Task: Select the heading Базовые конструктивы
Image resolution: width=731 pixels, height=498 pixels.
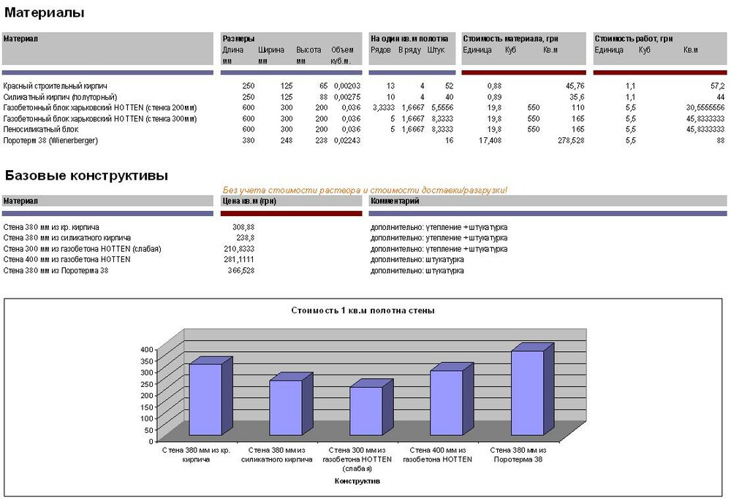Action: click(x=86, y=175)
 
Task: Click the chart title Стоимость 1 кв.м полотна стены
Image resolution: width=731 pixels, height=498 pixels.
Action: click(x=363, y=310)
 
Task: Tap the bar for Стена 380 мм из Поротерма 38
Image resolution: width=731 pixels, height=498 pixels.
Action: click(x=527, y=394)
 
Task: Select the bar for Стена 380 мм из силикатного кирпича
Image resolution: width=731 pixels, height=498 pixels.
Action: click(x=287, y=409)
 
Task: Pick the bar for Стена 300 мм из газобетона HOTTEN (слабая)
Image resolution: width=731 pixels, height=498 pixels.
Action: click(x=365, y=413)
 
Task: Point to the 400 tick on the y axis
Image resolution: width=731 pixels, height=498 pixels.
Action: click(x=146, y=350)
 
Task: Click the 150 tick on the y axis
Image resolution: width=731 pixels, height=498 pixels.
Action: click(x=146, y=407)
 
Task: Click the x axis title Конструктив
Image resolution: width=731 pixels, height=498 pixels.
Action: click(x=357, y=481)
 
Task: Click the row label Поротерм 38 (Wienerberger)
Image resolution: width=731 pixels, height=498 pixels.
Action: click(x=50, y=140)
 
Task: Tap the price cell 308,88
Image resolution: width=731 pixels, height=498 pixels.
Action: click(x=243, y=227)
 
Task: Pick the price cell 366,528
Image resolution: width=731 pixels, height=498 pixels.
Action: click(x=241, y=271)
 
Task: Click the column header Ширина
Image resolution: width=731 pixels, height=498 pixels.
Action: click(x=270, y=50)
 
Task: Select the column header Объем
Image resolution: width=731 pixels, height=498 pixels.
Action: click(x=342, y=50)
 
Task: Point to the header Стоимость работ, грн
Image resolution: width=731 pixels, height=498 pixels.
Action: click(x=634, y=38)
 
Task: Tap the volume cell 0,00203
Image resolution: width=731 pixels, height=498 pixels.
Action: click(x=342, y=86)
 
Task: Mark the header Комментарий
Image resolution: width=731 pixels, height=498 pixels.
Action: click(x=395, y=200)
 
